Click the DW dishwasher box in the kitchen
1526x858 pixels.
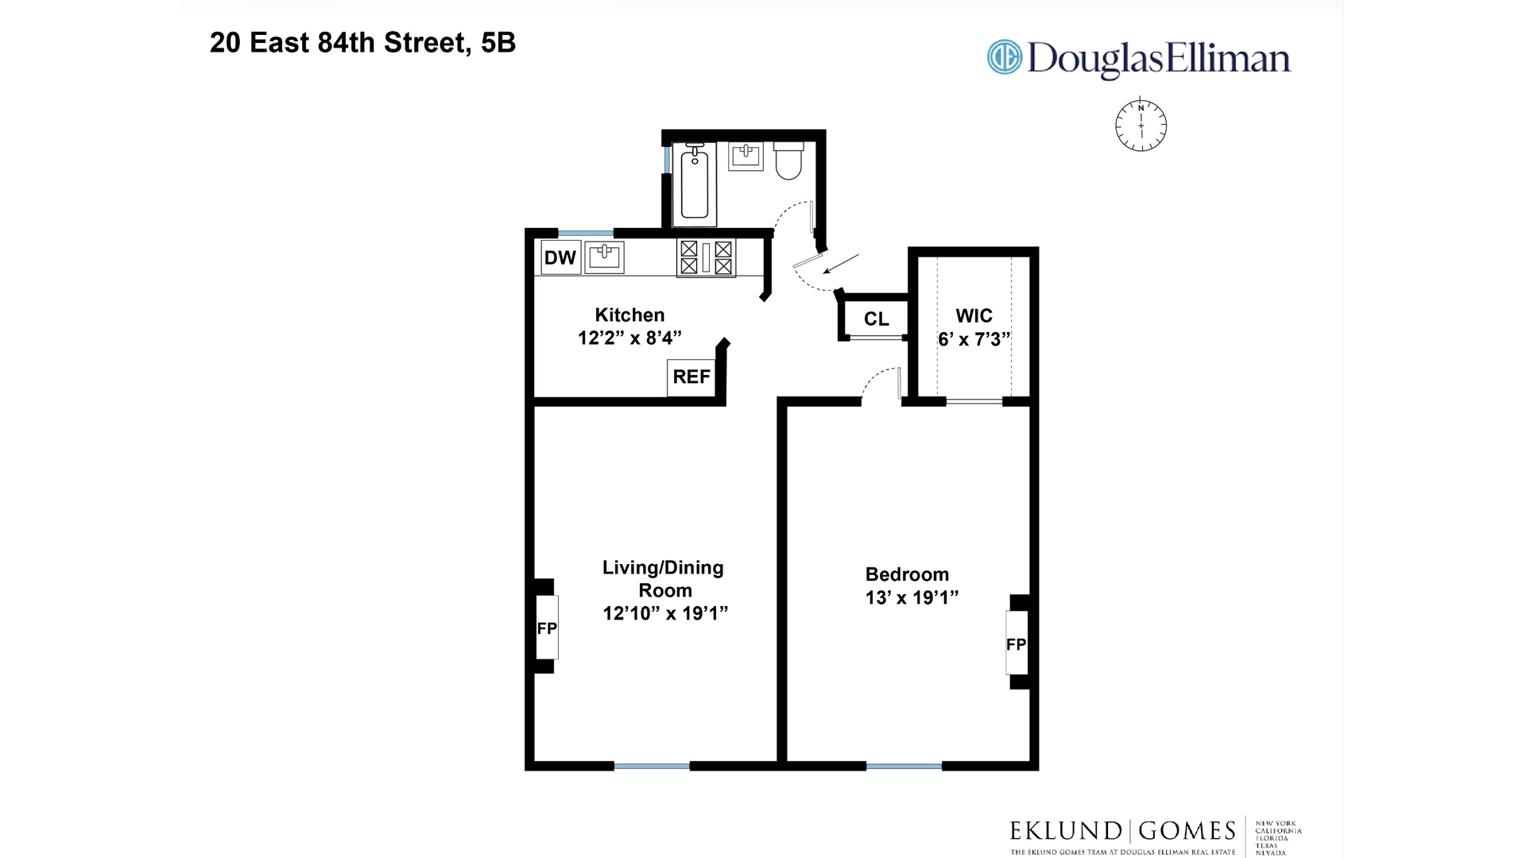click(x=560, y=257)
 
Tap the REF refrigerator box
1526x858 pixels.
click(x=691, y=377)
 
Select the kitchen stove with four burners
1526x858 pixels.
click(x=706, y=258)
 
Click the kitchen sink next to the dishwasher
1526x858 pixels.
click(x=605, y=257)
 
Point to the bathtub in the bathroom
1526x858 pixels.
click(x=695, y=183)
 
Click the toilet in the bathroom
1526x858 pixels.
click(x=788, y=161)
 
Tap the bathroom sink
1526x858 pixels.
click(x=746, y=156)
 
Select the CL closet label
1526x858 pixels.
click(x=876, y=319)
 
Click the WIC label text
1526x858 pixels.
click(x=974, y=315)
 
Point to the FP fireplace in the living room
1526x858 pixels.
click(x=547, y=628)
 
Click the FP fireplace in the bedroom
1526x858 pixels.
click(x=1016, y=643)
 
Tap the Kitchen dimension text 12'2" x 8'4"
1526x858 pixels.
click(x=629, y=338)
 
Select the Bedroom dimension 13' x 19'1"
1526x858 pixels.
click(x=912, y=597)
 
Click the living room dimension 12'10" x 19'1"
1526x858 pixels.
click(x=665, y=613)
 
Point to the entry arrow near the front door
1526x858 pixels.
click(x=841, y=263)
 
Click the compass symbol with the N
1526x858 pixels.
click(x=1141, y=126)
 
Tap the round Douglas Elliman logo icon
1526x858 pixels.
click(x=1004, y=57)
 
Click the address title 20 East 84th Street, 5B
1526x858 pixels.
click(x=362, y=43)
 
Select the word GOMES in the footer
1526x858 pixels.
click(x=1187, y=831)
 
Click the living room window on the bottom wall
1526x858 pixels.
click(x=652, y=766)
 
